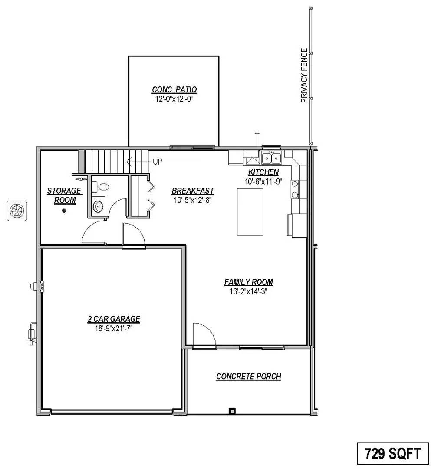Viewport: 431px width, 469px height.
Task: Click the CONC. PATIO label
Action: [x=174, y=90]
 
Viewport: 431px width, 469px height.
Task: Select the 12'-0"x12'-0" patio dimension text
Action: [x=174, y=99]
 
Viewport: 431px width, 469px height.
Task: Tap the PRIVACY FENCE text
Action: [x=304, y=76]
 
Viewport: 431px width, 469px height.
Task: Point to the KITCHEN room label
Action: [x=263, y=172]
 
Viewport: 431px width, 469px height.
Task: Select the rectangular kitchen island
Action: [x=250, y=211]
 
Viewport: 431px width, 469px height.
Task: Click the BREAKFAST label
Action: [x=193, y=191]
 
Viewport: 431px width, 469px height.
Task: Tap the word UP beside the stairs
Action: [x=157, y=162]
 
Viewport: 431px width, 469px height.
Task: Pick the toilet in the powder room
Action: [x=103, y=187]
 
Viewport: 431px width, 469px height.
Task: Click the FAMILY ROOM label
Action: [x=248, y=282]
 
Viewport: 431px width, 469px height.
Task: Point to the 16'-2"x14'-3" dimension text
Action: [x=248, y=291]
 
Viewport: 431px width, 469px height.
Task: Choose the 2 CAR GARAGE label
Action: [x=114, y=319]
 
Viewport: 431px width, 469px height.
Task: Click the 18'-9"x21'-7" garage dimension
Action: [x=114, y=328]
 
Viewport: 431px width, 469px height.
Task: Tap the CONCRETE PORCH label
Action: [x=248, y=377]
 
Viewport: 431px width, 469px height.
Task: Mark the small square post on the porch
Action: [x=232, y=411]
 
